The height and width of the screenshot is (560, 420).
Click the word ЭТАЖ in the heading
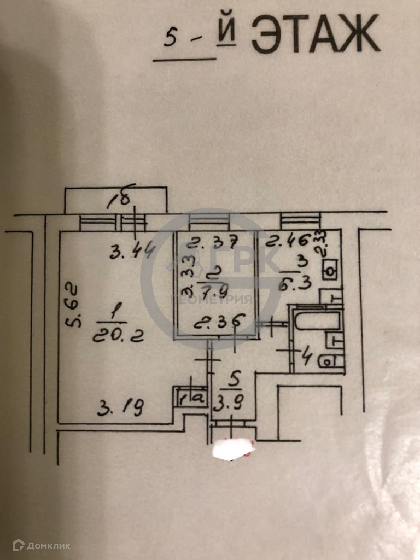click(x=314, y=34)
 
